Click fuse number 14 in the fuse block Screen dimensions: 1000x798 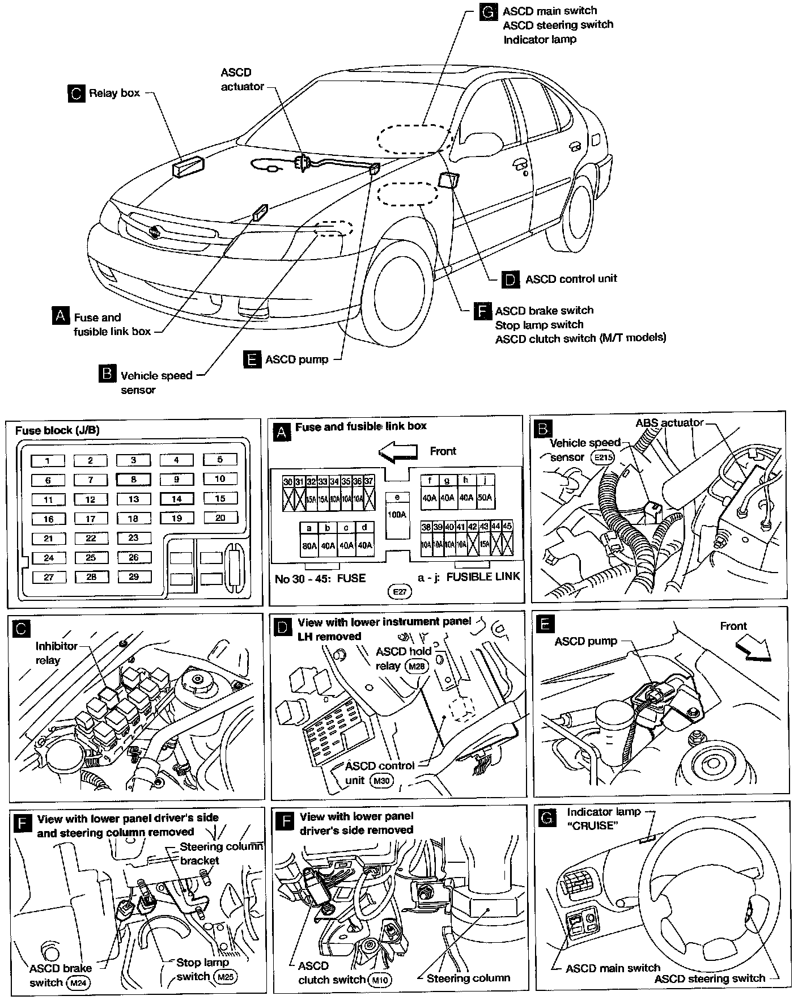pos(176,499)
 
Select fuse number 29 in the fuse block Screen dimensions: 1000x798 pos(134,577)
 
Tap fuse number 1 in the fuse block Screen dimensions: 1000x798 pos(48,461)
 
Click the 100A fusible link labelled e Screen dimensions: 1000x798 pos(397,515)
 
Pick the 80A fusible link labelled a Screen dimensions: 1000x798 pos(309,545)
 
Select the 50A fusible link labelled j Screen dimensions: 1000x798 pos(485,497)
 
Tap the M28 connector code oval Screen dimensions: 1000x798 pos(417,666)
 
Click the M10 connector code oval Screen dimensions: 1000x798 pos(379,980)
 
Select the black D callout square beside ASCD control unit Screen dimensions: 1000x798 pos(511,279)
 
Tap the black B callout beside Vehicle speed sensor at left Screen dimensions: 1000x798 pos(107,375)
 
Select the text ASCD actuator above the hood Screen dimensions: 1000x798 pos(243,79)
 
